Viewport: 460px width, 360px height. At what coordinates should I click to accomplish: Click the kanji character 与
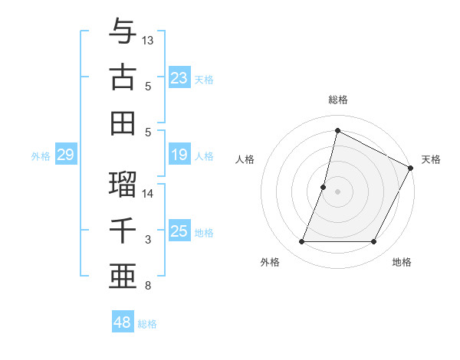point(123,32)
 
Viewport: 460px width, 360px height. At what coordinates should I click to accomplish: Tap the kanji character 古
point(123,77)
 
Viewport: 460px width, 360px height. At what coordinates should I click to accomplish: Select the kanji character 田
point(123,123)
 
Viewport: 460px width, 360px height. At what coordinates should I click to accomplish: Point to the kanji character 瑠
point(123,184)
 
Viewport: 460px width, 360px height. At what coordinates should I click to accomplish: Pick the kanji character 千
point(123,230)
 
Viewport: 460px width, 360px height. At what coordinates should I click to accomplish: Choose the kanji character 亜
point(123,276)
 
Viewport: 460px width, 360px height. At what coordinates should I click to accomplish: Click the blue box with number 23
point(179,77)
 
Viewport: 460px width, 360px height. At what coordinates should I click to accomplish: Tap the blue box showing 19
point(179,155)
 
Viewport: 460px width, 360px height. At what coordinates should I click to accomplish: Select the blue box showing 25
point(179,231)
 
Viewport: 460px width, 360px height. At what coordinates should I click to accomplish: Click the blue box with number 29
point(65,155)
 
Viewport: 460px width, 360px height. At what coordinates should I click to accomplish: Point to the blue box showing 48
point(123,322)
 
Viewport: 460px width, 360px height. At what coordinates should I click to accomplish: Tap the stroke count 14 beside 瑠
point(148,193)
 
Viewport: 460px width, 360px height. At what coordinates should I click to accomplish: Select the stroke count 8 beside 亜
point(147,286)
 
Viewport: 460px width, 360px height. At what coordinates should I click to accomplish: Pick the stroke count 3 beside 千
point(147,240)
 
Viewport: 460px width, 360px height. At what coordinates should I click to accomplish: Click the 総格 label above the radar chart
point(338,100)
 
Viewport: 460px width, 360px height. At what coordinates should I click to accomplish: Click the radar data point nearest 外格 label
point(301,242)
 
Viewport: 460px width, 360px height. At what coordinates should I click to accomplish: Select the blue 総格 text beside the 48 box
point(147,324)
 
